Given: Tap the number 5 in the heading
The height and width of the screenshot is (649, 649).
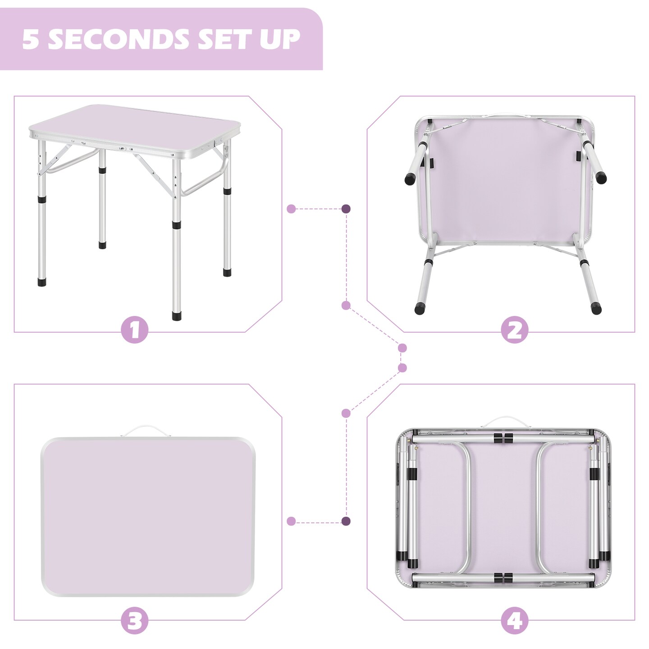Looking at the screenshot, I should point(30,39).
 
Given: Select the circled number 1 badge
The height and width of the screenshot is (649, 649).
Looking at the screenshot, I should point(134,330).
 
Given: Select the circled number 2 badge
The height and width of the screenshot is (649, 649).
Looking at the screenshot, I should point(514,330).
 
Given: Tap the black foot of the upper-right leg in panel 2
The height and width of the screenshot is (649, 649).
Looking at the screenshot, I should point(601,178).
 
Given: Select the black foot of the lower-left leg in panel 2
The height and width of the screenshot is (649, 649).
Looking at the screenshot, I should point(420,309).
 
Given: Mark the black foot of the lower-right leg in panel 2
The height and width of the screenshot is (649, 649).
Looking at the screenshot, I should point(596,308).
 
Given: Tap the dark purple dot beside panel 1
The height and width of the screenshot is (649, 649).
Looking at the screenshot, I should point(346,209).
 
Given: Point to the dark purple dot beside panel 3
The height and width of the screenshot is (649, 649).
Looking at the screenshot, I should point(346,521).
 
